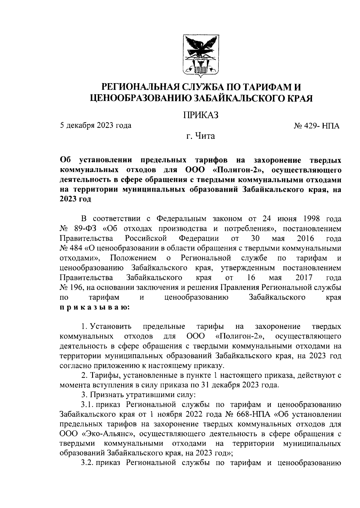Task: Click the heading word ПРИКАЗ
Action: pos(200,114)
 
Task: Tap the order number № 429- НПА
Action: pos(316,126)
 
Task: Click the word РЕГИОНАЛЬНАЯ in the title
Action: pos(141,87)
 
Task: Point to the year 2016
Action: pos(305,238)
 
